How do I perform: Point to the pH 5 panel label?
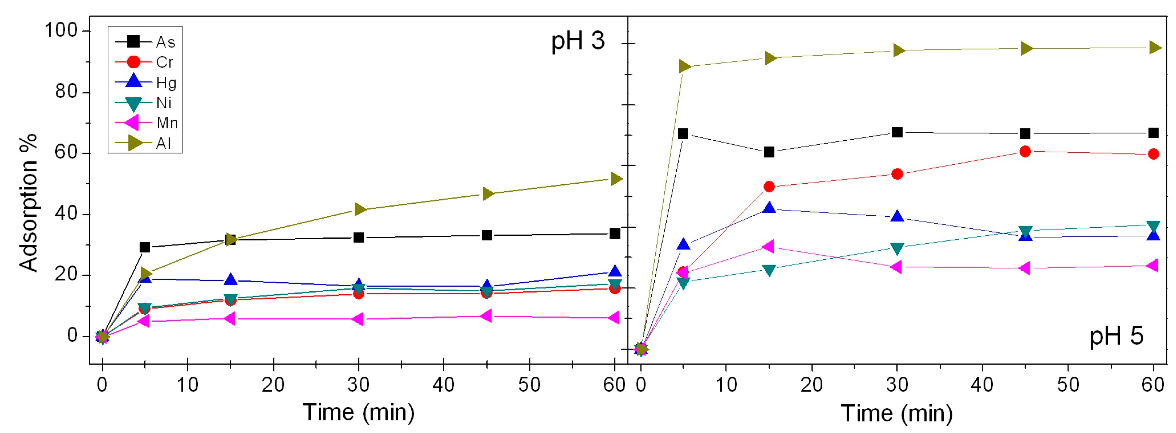pos(1116,337)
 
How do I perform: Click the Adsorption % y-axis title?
pos(28,203)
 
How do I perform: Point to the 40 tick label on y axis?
pos(66,214)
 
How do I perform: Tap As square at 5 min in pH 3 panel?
pos(145,247)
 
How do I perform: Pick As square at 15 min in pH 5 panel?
pos(769,152)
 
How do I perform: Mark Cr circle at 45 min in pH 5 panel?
pos(1025,151)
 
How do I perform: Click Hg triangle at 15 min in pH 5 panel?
pos(769,208)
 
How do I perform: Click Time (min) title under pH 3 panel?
pos(358,413)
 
